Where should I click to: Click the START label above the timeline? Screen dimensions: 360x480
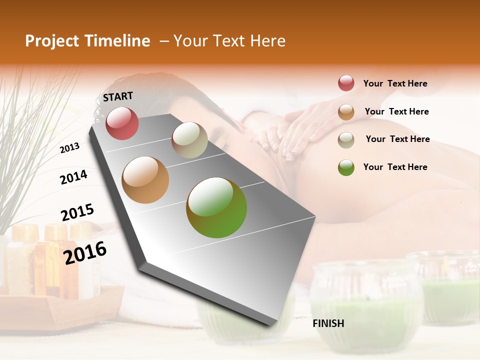[118, 96]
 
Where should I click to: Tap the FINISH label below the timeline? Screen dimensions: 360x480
[328, 323]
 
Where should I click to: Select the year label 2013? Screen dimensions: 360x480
[70, 147]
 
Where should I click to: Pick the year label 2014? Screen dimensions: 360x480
[73, 177]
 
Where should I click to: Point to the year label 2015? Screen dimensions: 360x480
[77, 212]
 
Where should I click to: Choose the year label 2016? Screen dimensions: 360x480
[85, 252]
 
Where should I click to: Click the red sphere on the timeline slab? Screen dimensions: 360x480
[122, 123]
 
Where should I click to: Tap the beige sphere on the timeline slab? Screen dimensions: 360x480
[189, 140]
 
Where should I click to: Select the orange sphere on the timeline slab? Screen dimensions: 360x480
[145, 180]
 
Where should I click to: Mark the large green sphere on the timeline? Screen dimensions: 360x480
[216, 207]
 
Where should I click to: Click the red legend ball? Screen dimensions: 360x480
[346, 83]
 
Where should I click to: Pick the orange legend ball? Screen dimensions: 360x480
[346, 112]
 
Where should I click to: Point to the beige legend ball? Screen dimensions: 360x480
[346, 139]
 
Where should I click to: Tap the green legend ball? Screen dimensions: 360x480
[346, 167]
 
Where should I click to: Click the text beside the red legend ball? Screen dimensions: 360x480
[395, 83]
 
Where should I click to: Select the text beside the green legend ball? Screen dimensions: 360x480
[395, 167]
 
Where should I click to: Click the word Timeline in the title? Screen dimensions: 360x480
[117, 41]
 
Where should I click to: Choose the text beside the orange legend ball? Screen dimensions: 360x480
[396, 111]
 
